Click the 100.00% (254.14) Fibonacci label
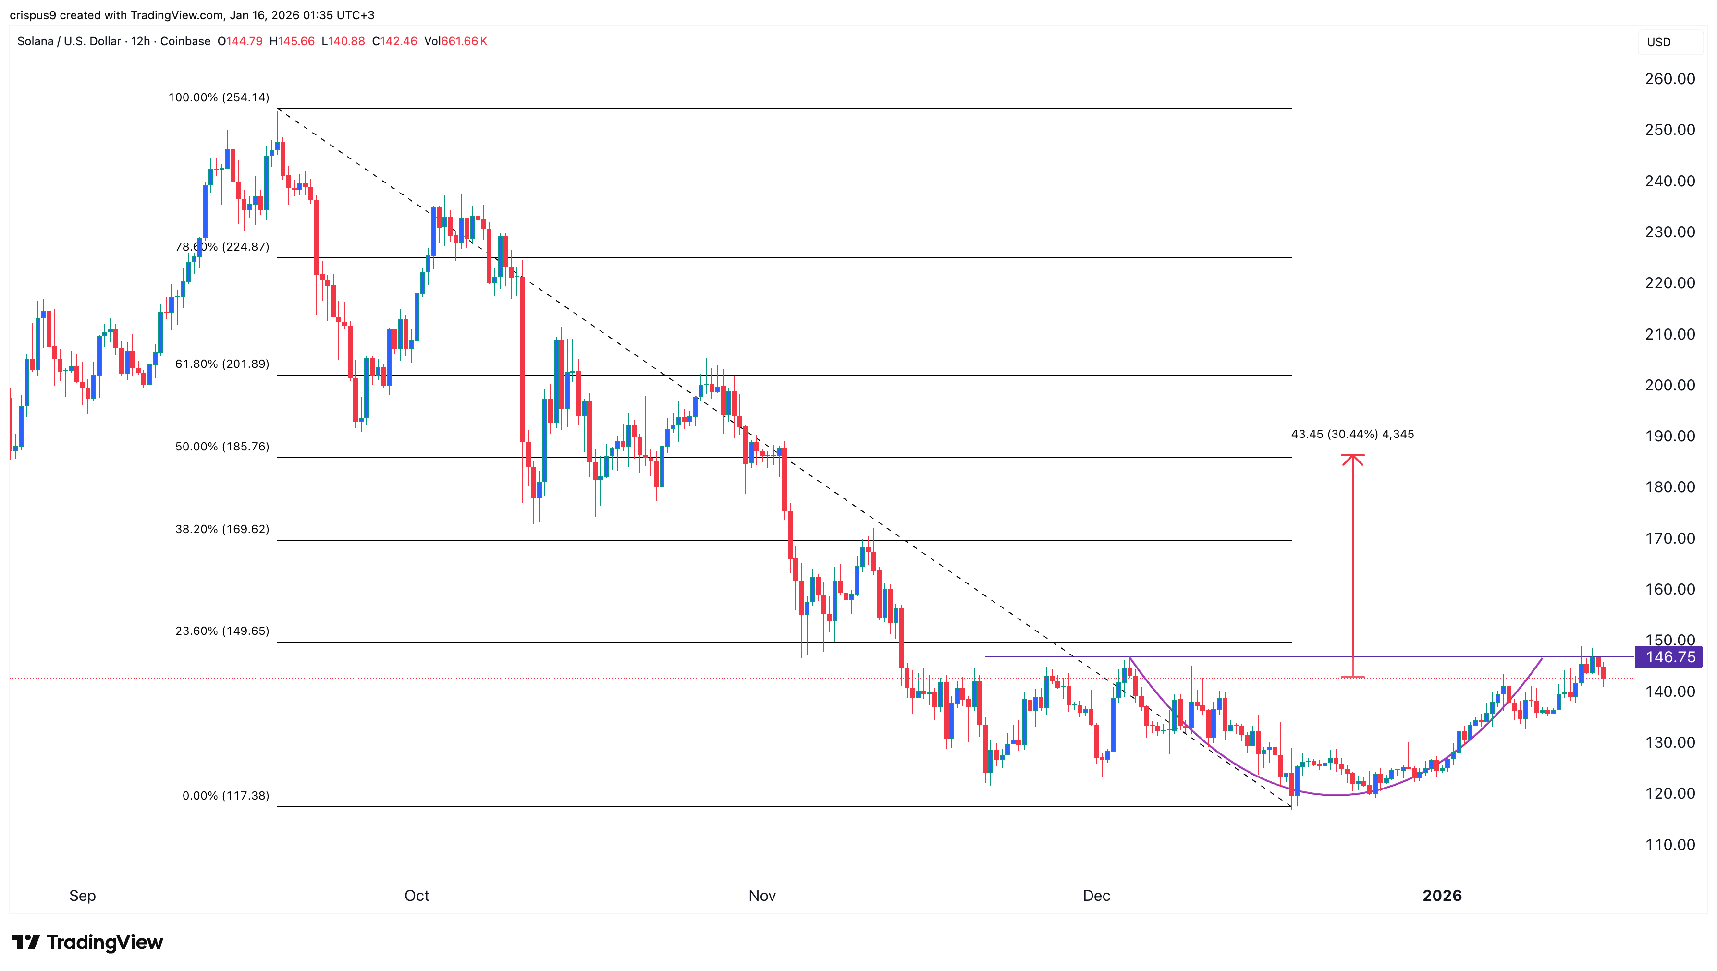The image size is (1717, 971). coord(219,97)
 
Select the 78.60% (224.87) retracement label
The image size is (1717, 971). coord(222,247)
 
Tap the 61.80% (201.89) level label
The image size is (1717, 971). coord(222,364)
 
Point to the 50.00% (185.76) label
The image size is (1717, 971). coord(222,447)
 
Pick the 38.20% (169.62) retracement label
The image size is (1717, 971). coord(222,530)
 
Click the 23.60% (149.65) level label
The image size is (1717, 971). coord(222,631)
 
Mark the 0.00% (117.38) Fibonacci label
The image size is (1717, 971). coord(225,796)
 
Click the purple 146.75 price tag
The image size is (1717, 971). coord(1669,657)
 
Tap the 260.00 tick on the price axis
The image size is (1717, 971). coord(1669,79)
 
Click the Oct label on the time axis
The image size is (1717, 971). coord(417,896)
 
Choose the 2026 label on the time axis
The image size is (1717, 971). coord(1442,896)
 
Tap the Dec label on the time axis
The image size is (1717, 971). coord(1096,896)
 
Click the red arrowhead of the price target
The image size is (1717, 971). coord(1352,459)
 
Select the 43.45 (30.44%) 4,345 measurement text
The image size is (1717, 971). coord(1352,434)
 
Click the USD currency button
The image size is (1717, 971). coord(1658,42)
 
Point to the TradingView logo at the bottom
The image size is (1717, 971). coord(87,942)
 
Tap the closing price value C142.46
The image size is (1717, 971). coord(394,41)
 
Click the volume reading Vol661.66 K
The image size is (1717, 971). coord(455,41)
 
